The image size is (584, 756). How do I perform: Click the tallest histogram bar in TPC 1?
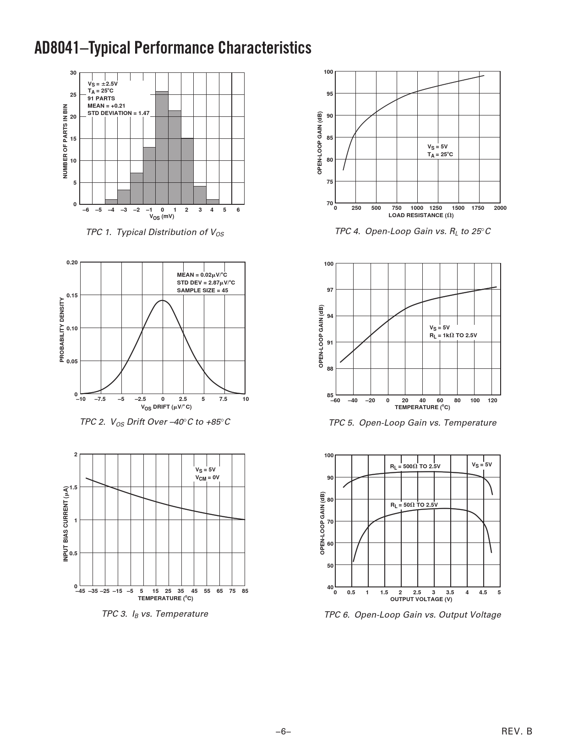162,148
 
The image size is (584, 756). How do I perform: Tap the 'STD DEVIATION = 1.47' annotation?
118,113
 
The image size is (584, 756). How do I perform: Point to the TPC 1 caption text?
155,232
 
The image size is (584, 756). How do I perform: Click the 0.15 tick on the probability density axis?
72,295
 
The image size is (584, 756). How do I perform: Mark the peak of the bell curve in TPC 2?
162,301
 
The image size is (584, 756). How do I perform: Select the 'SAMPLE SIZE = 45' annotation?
202,290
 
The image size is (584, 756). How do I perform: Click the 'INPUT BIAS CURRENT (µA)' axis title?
65,523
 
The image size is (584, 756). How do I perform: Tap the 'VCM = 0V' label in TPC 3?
207,477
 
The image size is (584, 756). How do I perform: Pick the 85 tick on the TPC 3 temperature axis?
245,591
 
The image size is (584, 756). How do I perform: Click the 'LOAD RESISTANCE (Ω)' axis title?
421,215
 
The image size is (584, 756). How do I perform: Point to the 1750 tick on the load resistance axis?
478,208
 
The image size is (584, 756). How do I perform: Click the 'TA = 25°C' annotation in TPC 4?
440,154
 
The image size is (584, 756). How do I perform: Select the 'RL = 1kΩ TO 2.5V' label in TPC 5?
453,335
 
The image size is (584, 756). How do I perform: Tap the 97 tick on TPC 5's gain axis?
329,290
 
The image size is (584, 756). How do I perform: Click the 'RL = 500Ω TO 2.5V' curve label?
415,466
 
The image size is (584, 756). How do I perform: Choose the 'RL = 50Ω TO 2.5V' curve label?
414,505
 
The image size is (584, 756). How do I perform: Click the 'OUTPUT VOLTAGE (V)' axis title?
421,599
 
